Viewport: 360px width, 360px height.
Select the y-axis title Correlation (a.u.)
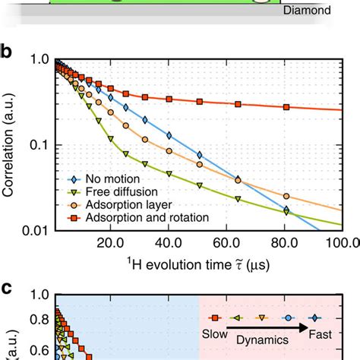point(9,144)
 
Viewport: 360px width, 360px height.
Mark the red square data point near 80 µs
point(286,107)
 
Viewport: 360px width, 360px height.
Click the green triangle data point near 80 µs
point(286,215)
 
